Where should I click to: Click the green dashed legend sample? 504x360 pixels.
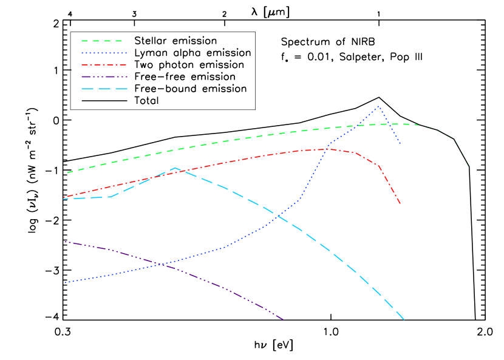(x=102, y=41)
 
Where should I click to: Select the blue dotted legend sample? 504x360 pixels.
(x=104, y=53)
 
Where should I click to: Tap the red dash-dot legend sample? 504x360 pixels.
(x=104, y=64)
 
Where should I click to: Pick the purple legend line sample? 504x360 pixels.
(x=104, y=76)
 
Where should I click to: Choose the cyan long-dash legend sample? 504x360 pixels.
(x=104, y=89)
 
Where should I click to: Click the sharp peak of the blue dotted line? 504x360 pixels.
(x=379, y=107)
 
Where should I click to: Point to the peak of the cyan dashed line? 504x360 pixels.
(x=175, y=168)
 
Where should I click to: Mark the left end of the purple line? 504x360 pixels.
(x=65, y=242)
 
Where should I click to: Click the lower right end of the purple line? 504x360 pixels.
(x=284, y=319)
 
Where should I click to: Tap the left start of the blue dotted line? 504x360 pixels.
(x=65, y=282)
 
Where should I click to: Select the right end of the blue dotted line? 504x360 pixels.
(x=400, y=144)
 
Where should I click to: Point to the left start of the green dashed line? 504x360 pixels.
(x=67, y=172)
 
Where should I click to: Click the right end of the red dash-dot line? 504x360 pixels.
(x=400, y=203)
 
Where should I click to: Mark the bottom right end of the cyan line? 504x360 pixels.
(x=404, y=319)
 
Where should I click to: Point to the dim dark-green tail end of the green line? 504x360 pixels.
(x=469, y=166)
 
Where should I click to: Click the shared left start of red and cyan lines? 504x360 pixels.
(x=64, y=198)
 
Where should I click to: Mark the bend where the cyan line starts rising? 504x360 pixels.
(x=111, y=197)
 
